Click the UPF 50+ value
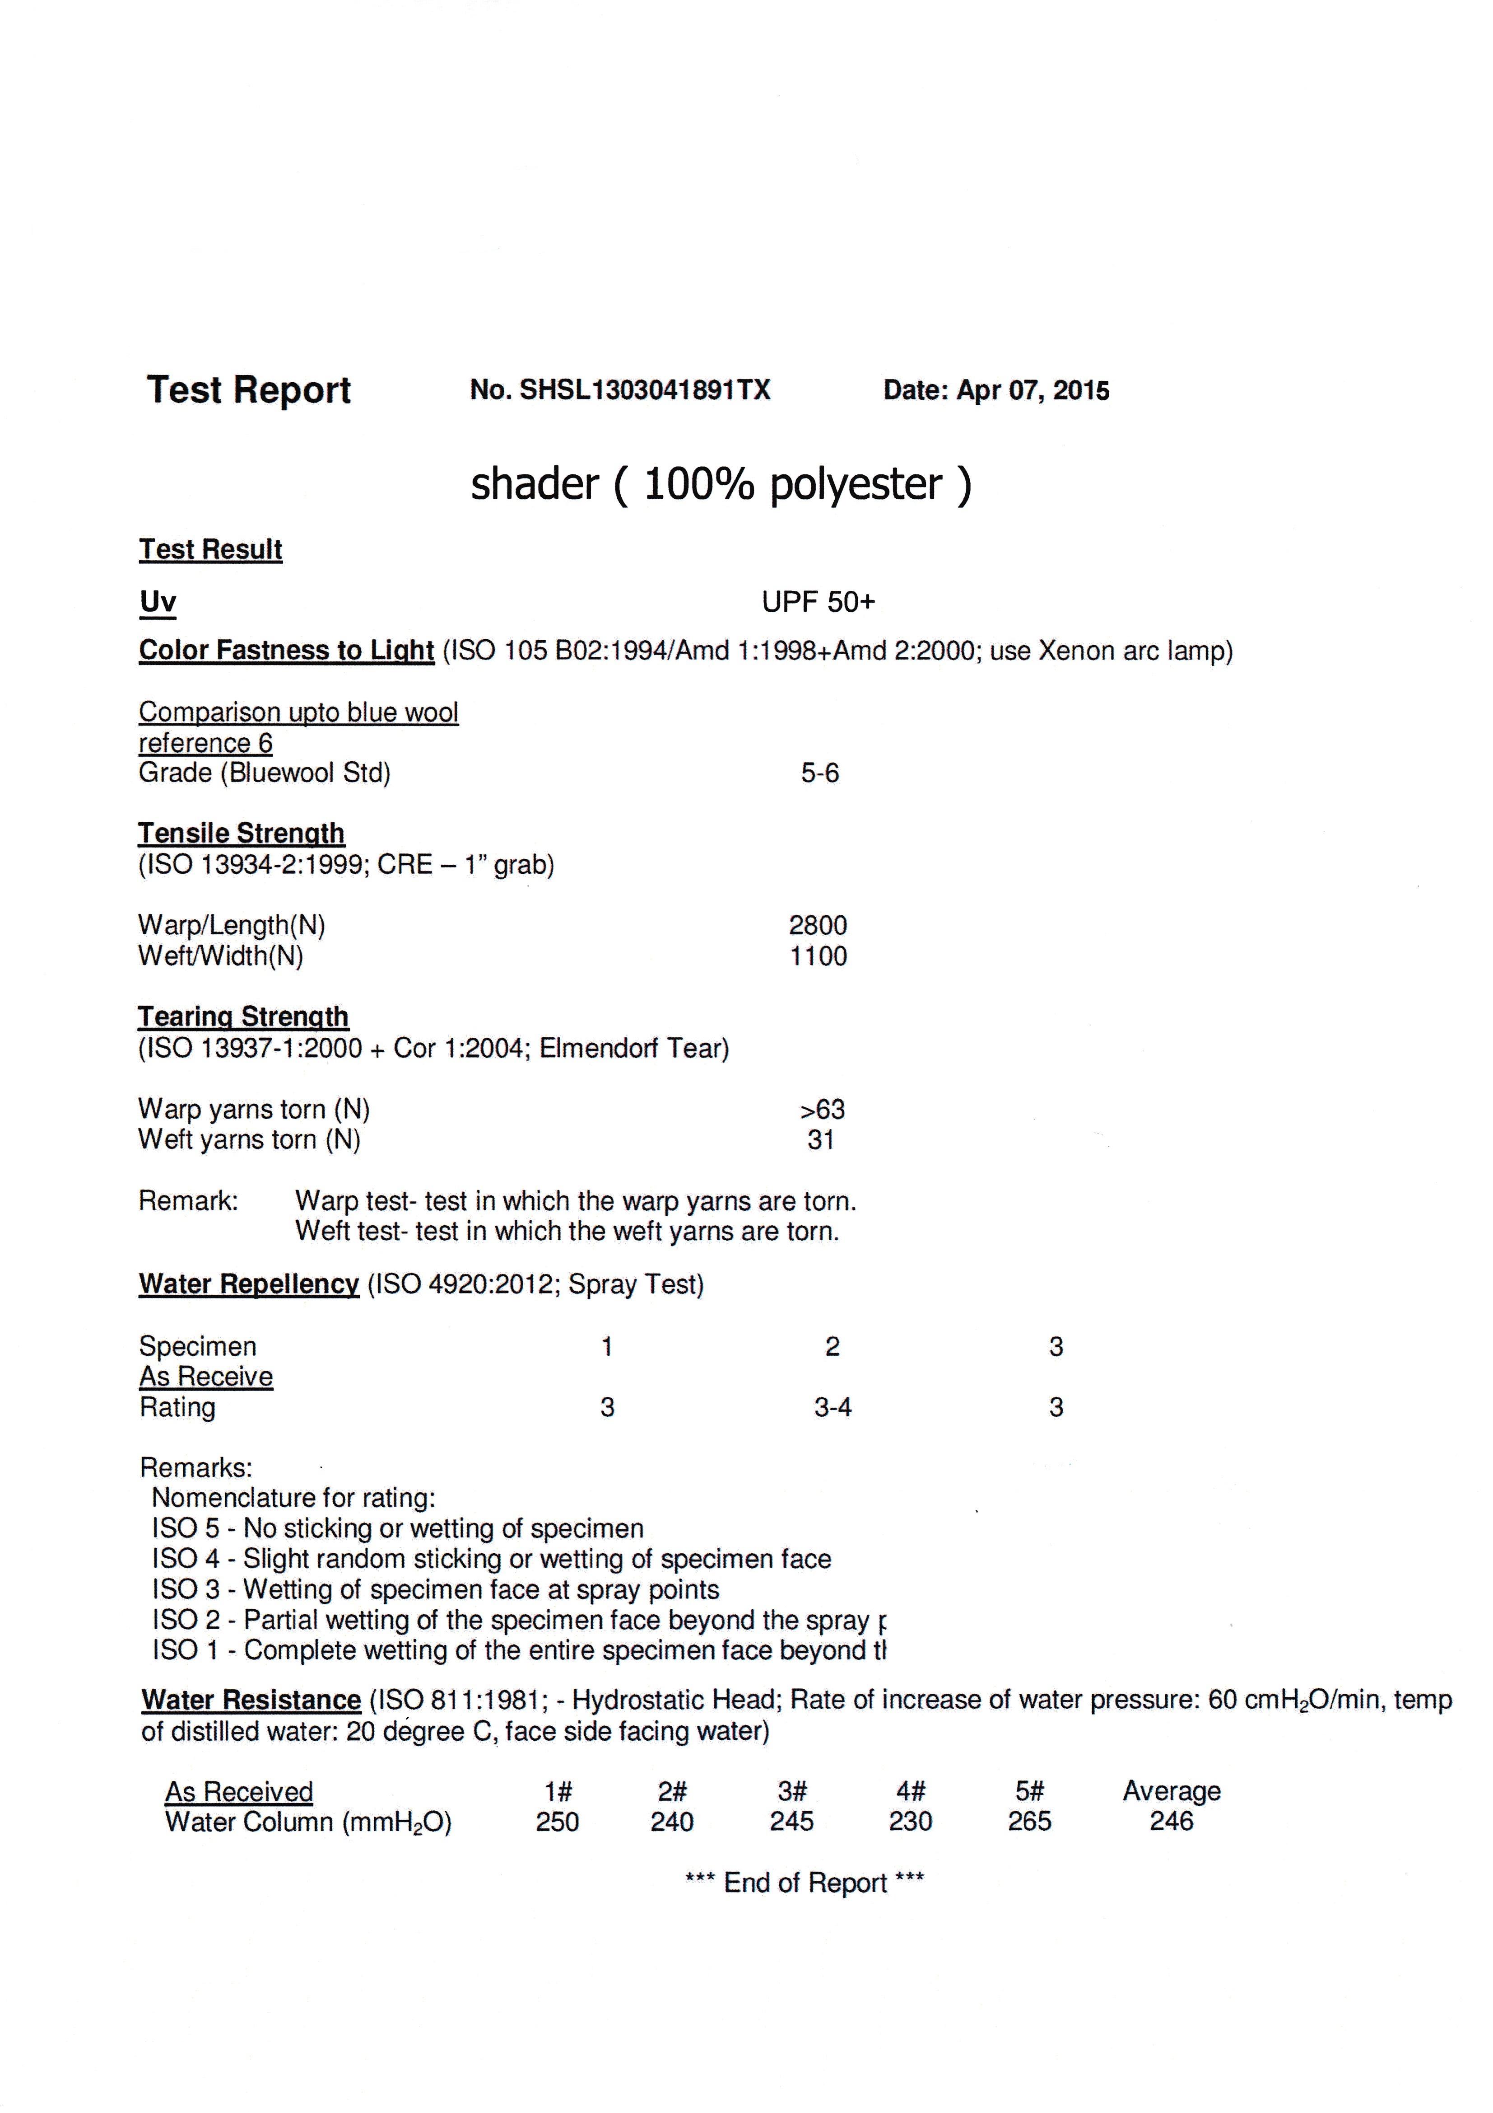coord(818,603)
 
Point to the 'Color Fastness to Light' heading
coord(286,651)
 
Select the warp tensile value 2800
coord(818,926)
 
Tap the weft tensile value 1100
coord(818,956)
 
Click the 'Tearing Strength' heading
coord(243,1017)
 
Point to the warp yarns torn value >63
coord(822,1110)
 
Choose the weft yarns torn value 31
coord(821,1140)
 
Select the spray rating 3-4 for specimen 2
coord(833,1408)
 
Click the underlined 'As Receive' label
coord(206,1377)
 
